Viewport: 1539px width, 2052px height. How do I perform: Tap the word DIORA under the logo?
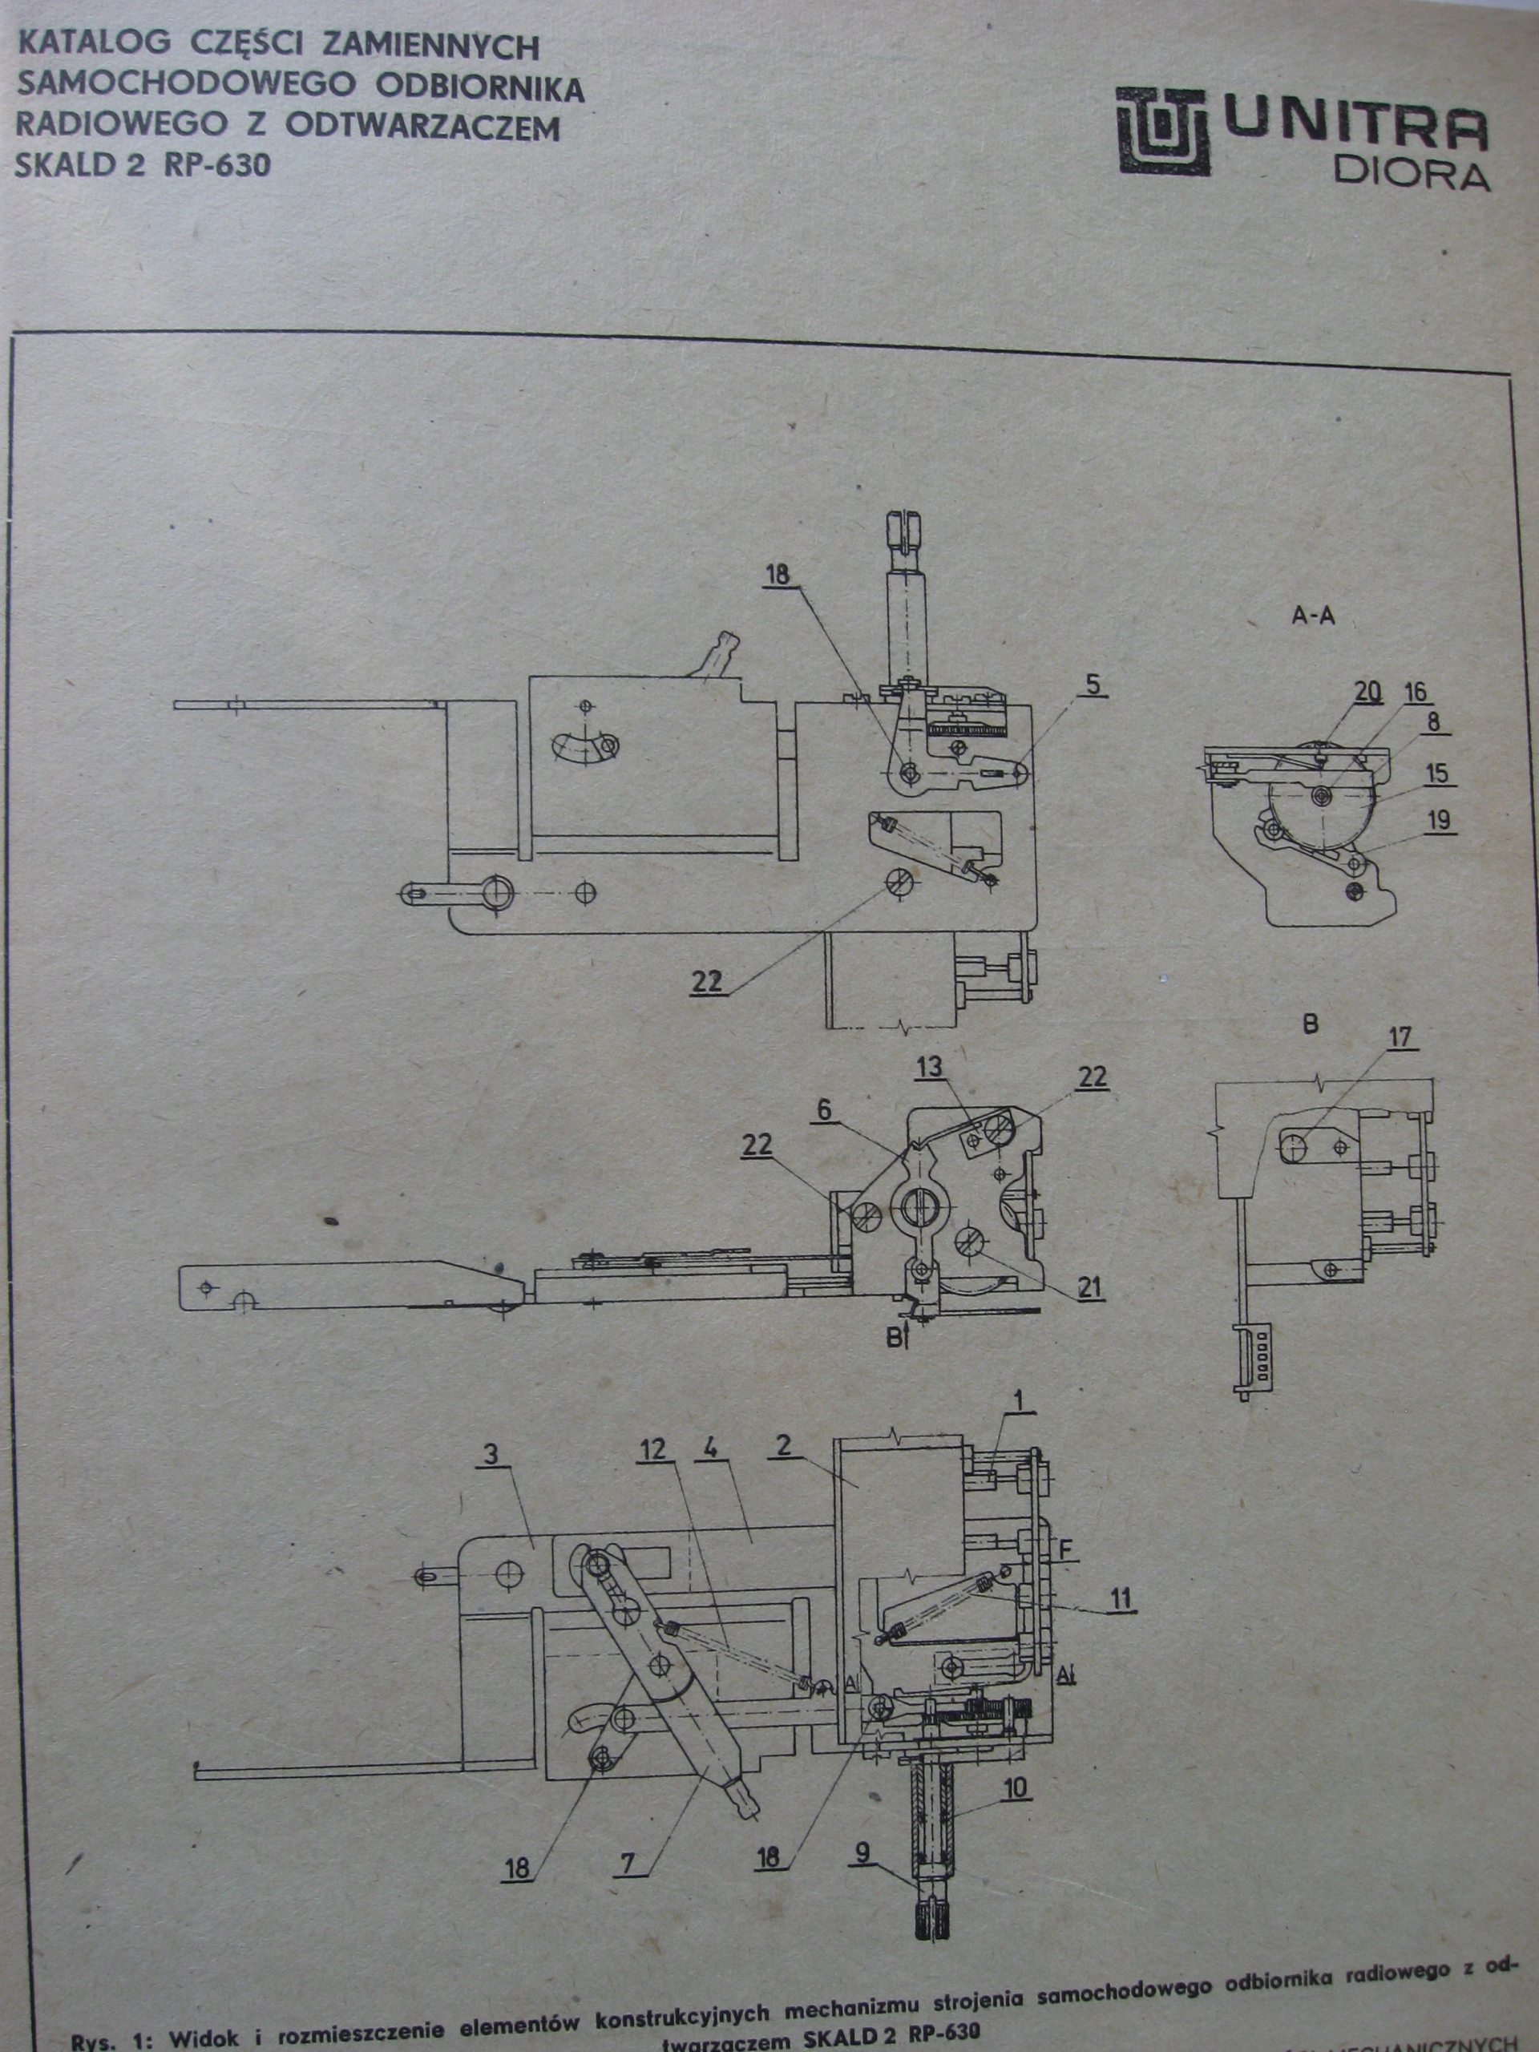point(1411,175)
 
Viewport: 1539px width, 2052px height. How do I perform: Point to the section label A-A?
point(1313,615)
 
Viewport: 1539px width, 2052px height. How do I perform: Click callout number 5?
point(1092,685)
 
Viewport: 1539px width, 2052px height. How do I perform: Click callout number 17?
point(1398,1037)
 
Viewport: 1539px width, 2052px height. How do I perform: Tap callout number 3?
point(491,1455)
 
